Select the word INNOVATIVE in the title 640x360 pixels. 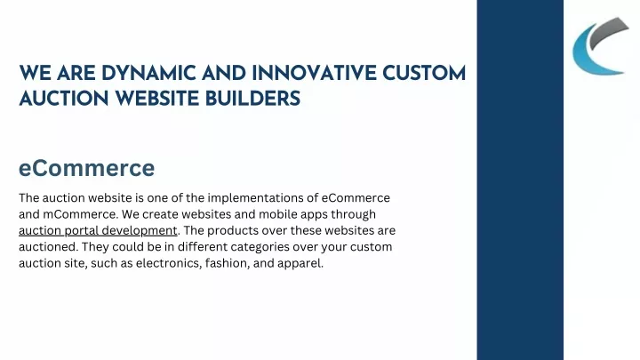pyautogui.click(x=314, y=74)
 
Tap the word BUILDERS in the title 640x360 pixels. pyautogui.click(x=252, y=99)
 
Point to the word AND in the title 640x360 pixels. pyautogui.click(x=224, y=74)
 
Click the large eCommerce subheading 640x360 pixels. pyautogui.click(x=86, y=168)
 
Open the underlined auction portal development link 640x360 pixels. pyautogui.click(x=98, y=230)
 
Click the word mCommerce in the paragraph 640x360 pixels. pyautogui.click(x=80, y=214)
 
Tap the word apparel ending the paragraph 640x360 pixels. pyautogui.click(x=300, y=264)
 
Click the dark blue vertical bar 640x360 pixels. pyautogui.click(x=520, y=180)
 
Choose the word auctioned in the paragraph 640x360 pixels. pyautogui.click(x=48, y=247)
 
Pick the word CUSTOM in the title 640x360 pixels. pyautogui.click(x=424, y=74)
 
